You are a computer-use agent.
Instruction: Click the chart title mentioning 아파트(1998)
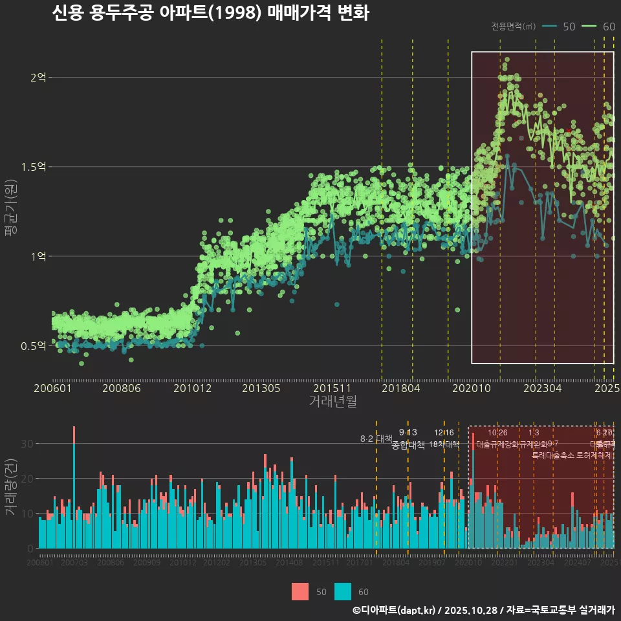pyautogui.click(x=210, y=14)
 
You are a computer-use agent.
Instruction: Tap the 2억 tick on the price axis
pyautogui.click(x=38, y=77)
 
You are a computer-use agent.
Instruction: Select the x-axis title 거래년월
pyautogui.click(x=332, y=402)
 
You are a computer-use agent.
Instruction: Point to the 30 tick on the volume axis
pyautogui.click(x=28, y=444)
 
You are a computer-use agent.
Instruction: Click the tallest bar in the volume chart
pyautogui.click(x=74, y=492)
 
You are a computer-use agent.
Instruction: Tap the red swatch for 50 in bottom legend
pyautogui.click(x=300, y=591)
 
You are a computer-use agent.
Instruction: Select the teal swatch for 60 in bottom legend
pyautogui.click(x=343, y=591)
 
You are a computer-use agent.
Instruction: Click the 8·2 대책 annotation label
pyautogui.click(x=376, y=439)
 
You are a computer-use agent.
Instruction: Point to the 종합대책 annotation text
pyautogui.click(x=408, y=445)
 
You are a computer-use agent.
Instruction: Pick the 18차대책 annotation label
pyautogui.click(x=444, y=444)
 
